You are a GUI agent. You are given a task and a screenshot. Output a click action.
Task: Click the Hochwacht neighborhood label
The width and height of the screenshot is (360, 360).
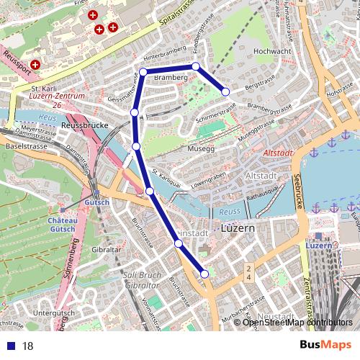(271, 53)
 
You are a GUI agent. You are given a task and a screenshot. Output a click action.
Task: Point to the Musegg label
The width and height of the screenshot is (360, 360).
(201, 148)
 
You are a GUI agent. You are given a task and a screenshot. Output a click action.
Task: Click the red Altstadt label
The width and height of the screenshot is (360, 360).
(277, 153)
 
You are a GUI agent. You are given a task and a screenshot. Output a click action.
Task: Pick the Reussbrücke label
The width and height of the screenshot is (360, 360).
(84, 125)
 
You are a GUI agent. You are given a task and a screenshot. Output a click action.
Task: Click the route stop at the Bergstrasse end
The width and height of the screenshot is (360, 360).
(225, 91)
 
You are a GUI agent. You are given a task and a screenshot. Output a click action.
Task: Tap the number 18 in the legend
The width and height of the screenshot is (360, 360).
(28, 346)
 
